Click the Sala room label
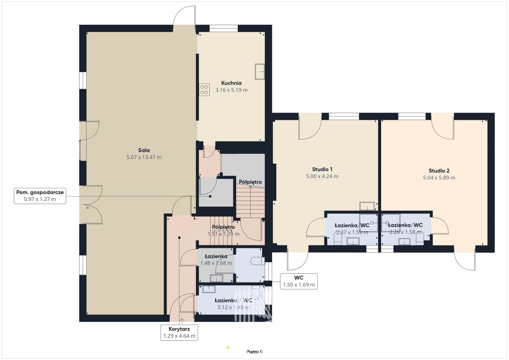[144, 150]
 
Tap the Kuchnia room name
[231, 83]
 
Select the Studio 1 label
[322, 169]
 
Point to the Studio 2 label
[439, 171]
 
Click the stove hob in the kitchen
[204, 90]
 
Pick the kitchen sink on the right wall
[260, 72]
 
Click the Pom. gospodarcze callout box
[40, 195]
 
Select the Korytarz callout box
[179, 333]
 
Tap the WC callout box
[299, 281]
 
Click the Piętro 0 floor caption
[254, 352]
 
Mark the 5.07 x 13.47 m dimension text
[144, 157]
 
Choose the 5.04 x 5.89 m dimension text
[439, 178]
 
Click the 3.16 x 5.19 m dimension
[231, 90]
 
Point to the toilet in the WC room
[258, 261]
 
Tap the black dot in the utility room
[210, 196]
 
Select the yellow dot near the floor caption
[228, 347]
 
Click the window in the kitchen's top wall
[223, 28]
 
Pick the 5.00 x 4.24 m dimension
[322, 176]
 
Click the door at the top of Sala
[184, 17]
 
